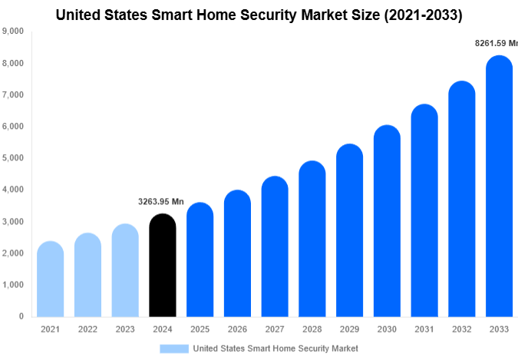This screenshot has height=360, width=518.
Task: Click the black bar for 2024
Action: pos(162,265)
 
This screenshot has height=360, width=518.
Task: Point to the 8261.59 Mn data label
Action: pos(497,44)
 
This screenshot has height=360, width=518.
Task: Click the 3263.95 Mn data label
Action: pos(161,202)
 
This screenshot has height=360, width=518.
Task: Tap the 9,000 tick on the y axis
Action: pos(12,31)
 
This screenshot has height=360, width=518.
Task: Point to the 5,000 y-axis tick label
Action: pos(12,158)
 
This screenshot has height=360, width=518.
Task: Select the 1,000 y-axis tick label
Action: pos(12,285)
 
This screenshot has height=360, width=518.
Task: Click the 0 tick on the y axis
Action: pos(21,316)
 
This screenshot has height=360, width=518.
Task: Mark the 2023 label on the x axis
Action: pos(124,329)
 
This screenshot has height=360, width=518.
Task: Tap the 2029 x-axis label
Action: pos(349,329)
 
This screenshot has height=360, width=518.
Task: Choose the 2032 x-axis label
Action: pos(462,329)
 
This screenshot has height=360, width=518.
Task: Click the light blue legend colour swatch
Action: pos(174,348)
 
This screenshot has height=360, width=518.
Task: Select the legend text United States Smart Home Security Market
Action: pos(275,348)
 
